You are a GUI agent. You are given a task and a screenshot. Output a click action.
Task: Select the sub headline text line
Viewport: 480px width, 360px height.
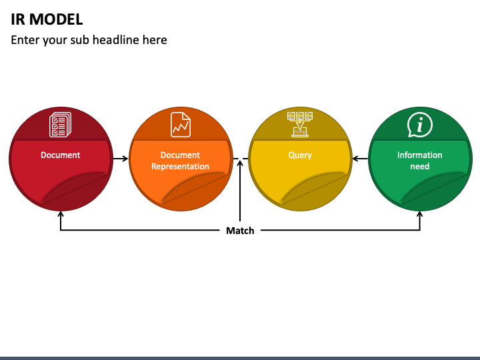pyautogui.click(x=89, y=40)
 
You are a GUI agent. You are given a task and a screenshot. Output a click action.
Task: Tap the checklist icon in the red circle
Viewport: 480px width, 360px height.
pyautogui.click(x=60, y=124)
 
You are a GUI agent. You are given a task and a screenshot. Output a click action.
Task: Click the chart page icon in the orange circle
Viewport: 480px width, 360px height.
pyautogui.click(x=180, y=124)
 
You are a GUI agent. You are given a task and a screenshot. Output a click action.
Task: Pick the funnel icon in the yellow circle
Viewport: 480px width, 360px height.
pyautogui.click(x=300, y=124)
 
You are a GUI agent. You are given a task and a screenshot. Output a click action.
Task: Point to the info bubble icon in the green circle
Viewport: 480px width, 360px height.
pyautogui.click(x=420, y=125)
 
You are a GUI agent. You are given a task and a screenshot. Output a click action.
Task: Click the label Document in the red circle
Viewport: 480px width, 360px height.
pyautogui.click(x=60, y=155)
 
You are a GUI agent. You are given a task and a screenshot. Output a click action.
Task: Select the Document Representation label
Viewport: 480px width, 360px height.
pyautogui.click(x=180, y=161)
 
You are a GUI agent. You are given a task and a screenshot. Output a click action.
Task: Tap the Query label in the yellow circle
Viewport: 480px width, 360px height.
pyautogui.click(x=300, y=155)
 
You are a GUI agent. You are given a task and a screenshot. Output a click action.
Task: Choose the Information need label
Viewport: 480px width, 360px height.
pyautogui.click(x=420, y=161)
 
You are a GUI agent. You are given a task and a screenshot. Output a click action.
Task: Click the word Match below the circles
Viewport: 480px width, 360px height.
pyautogui.click(x=240, y=231)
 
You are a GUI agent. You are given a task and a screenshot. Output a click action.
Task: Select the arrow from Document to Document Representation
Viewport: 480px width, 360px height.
pyautogui.click(x=120, y=159)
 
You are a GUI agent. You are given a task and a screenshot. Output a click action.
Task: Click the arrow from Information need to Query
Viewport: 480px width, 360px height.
pyautogui.click(x=360, y=159)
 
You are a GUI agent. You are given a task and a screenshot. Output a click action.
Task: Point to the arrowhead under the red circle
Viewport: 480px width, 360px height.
pyautogui.click(x=61, y=214)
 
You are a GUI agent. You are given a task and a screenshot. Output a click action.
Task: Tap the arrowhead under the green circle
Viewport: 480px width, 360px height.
pyautogui.click(x=420, y=214)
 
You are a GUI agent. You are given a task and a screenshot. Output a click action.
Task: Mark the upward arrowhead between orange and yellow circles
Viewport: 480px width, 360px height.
pyautogui.click(x=240, y=161)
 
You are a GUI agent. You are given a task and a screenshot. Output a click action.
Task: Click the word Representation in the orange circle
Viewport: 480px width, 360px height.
pyautogui.click(x=180, y=167)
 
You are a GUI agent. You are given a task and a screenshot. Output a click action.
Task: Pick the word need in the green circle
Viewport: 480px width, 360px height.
pyautogui.click(x=420, y=167)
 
